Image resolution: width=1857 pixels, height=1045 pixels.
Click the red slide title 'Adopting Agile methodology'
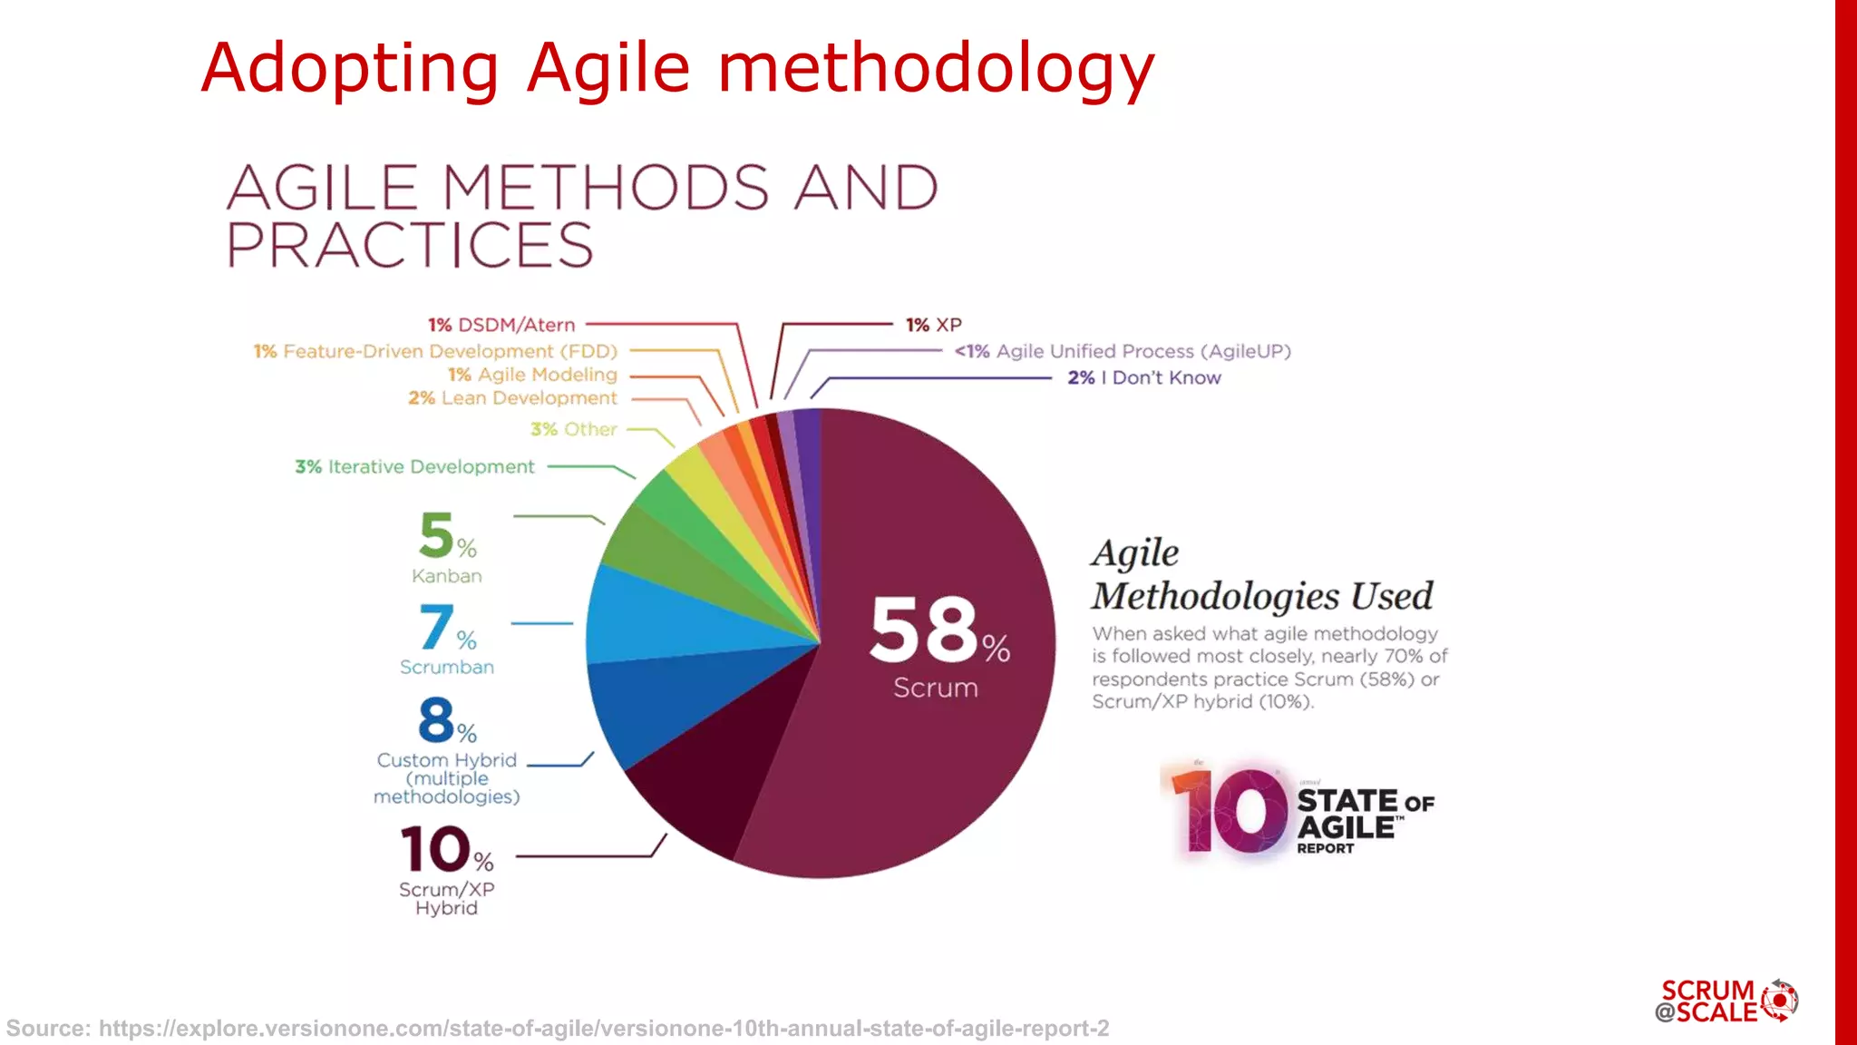(677, 68)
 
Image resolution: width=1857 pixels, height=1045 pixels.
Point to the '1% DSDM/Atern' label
(501, 325)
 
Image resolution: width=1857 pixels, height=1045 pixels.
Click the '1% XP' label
(933, 325)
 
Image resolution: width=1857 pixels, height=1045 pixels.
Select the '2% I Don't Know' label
(1143, 377)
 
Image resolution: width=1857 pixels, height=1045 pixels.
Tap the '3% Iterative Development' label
(414, 466)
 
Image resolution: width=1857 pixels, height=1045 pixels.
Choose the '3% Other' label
(573, 429)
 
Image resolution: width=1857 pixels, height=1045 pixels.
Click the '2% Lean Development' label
(512, 398)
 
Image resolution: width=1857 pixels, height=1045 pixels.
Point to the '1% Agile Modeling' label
(532, 375)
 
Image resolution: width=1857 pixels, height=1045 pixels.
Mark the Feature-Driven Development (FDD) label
(435, 351)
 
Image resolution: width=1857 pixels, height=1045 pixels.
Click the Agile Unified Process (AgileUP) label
(1123, 351)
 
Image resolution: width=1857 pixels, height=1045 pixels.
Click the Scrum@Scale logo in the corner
(1726, 1001)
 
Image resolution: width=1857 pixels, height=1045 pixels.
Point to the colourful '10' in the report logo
(1229, 810)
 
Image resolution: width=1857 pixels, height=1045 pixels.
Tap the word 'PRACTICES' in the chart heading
(410, 245)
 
